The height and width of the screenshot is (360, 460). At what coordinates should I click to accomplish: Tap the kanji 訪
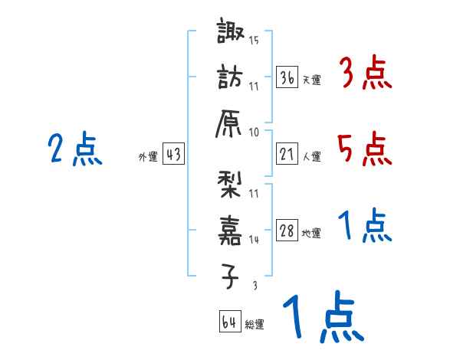[231, 77]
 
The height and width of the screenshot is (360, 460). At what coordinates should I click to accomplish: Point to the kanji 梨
[231, 185]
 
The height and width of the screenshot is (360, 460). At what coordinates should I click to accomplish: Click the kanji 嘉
[231, 231]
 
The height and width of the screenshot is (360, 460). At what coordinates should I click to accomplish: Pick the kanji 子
[231, 275]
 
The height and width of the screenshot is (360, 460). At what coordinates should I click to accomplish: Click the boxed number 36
[287, 77]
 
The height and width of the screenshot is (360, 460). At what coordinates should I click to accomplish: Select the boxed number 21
[287, 154]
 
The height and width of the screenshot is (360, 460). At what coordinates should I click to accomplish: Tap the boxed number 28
[287, 231]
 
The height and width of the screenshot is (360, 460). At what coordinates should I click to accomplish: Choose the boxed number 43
[173, 154]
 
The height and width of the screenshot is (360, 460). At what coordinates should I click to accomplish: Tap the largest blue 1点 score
[322, 318]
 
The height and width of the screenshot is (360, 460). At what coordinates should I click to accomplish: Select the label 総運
[255, 324]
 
